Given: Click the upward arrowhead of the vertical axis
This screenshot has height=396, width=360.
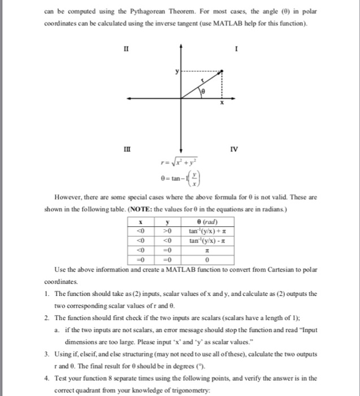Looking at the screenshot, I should click(x=181, y=44).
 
